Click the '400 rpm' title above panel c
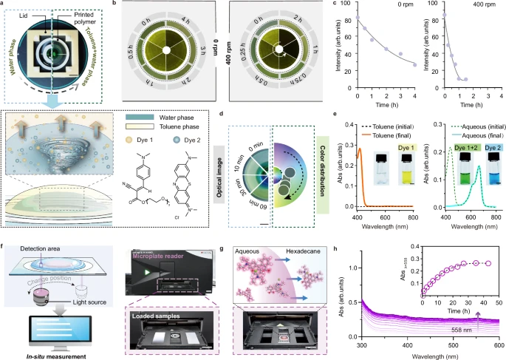[x=466, y=5]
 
